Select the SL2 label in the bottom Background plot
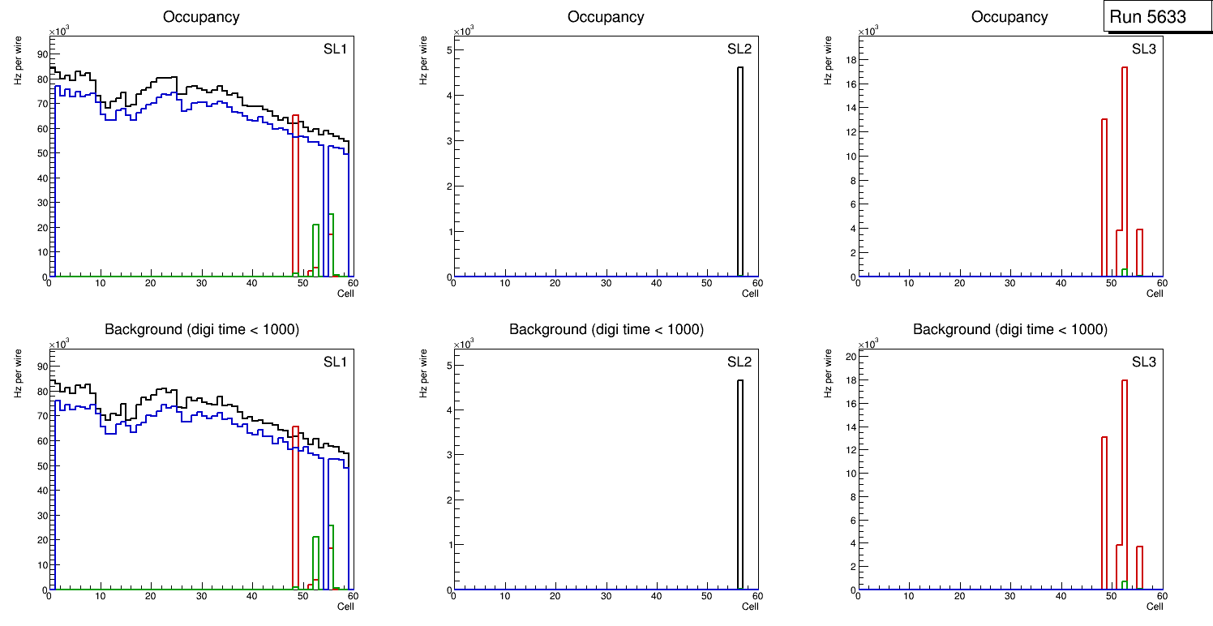pos(739,362)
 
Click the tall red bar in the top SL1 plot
pos(295,195)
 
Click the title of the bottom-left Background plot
pos(202,329)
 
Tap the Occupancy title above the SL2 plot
pos(606,17)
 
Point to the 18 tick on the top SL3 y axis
pos(850,59)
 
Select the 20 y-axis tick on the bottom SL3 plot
pos(850,357)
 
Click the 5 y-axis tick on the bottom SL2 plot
pos(448,365)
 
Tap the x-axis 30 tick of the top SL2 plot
pos(606,283)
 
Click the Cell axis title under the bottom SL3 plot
pos(1155,606)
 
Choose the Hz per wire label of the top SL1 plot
pos(18,60)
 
